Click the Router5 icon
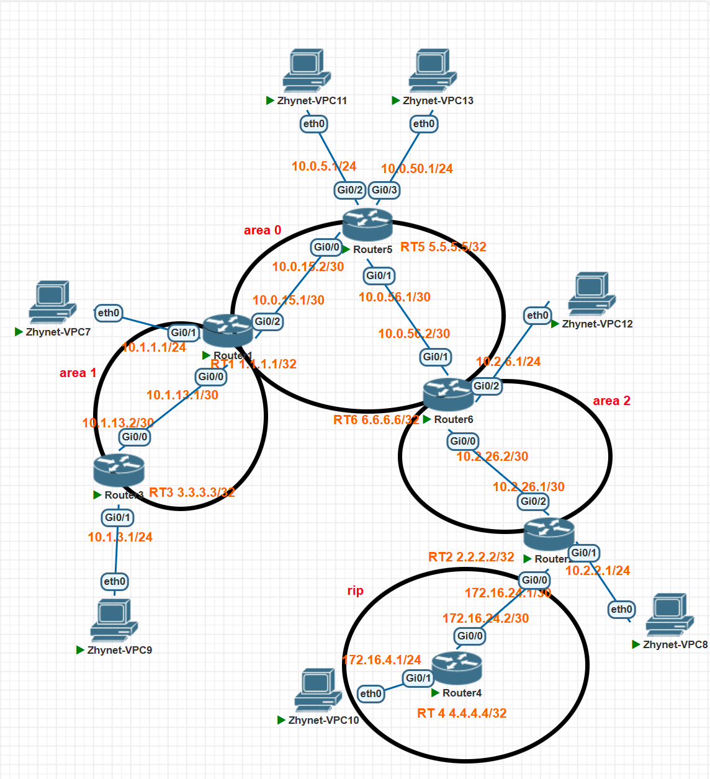[367, 225]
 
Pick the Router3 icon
[119, 470]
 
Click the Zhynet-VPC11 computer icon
[307, 71]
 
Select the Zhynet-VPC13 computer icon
[433, 71]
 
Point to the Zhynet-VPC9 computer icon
[114, 621]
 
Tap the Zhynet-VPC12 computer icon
[592, 294]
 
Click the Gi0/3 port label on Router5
[384, 190]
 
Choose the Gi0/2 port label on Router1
[267, 321]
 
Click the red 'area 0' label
[263, 230]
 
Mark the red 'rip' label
[355, 590]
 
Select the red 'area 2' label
[611, 401]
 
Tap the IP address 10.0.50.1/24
[416, 169]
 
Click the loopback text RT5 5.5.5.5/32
[443, 247]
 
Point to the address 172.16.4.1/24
[382, 660]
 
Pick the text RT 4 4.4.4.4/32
[462, 713]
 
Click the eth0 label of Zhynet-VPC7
[108, 313]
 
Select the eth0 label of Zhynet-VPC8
[621, 609]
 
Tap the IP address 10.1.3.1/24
[120, 537]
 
